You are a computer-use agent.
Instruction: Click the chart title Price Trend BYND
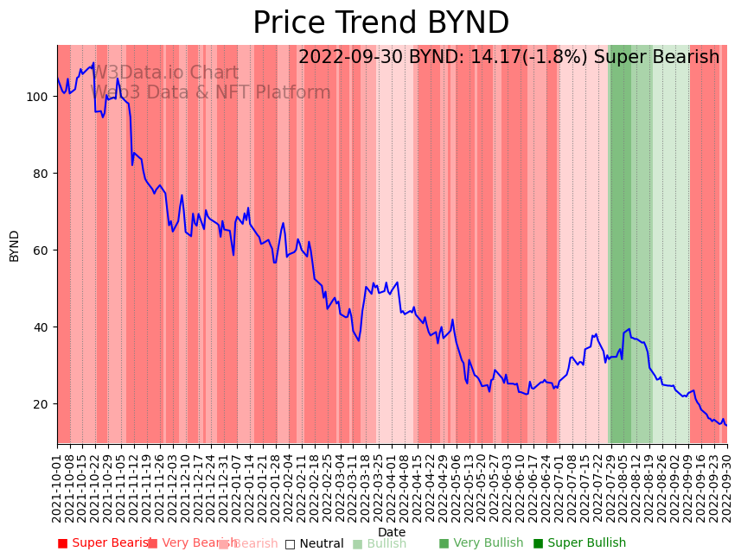click(380, 23)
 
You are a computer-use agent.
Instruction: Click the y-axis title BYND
click(15, 245)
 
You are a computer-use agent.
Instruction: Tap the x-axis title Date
click(392, 533)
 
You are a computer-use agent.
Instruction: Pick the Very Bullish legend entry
click(481, 543)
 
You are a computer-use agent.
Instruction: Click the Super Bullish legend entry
click(579, 543)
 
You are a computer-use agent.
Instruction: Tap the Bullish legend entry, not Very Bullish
click(380, 543)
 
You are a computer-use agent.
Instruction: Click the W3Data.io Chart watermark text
click(164, 73)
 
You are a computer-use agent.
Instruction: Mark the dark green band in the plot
click(620, 242)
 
